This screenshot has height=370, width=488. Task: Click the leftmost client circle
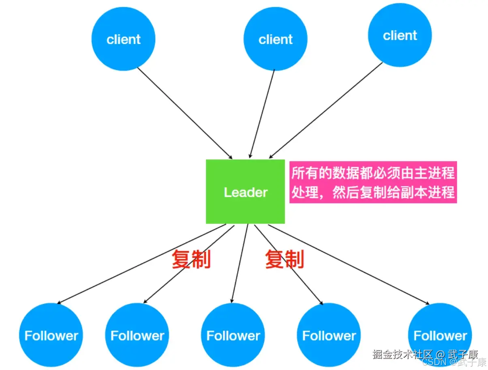pos(124,39)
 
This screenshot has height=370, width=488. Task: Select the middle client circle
pos(276,39)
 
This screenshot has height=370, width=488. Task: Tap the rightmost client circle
pos(400,36)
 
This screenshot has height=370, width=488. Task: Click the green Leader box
pos(245,191)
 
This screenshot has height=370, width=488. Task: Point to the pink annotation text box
pos(373,183)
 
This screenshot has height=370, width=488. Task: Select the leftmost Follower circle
pos(51,336)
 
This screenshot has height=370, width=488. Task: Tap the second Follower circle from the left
pos(137,336)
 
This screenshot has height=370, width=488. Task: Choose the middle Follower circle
pos(233,336)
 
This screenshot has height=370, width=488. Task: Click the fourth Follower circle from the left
pos(329,336)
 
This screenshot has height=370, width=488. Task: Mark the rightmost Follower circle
pos(440,336)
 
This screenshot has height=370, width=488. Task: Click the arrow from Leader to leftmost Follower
pos(138,264)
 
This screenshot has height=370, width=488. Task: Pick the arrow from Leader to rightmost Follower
pos(349,264)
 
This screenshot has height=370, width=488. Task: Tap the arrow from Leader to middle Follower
pos(239,264)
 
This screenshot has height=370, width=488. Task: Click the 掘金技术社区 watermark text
pos(403,354)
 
